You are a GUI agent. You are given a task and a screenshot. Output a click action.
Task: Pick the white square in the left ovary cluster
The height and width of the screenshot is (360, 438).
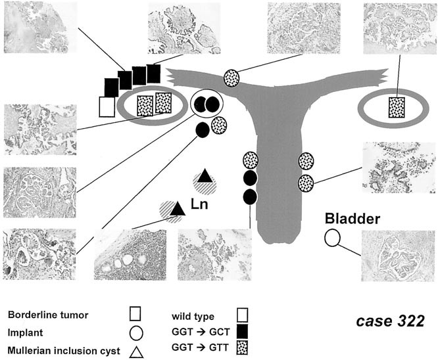tap(107, 106)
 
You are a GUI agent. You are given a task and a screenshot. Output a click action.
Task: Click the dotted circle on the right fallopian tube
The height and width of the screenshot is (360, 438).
tap(231, 77)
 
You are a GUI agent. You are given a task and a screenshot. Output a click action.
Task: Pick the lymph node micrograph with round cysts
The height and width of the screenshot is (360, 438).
tap(131, 255)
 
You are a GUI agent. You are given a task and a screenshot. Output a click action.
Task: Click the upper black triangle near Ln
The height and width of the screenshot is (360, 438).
tap(205, 176)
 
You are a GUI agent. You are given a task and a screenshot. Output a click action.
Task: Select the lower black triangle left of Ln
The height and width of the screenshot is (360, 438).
tap(176, 209)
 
